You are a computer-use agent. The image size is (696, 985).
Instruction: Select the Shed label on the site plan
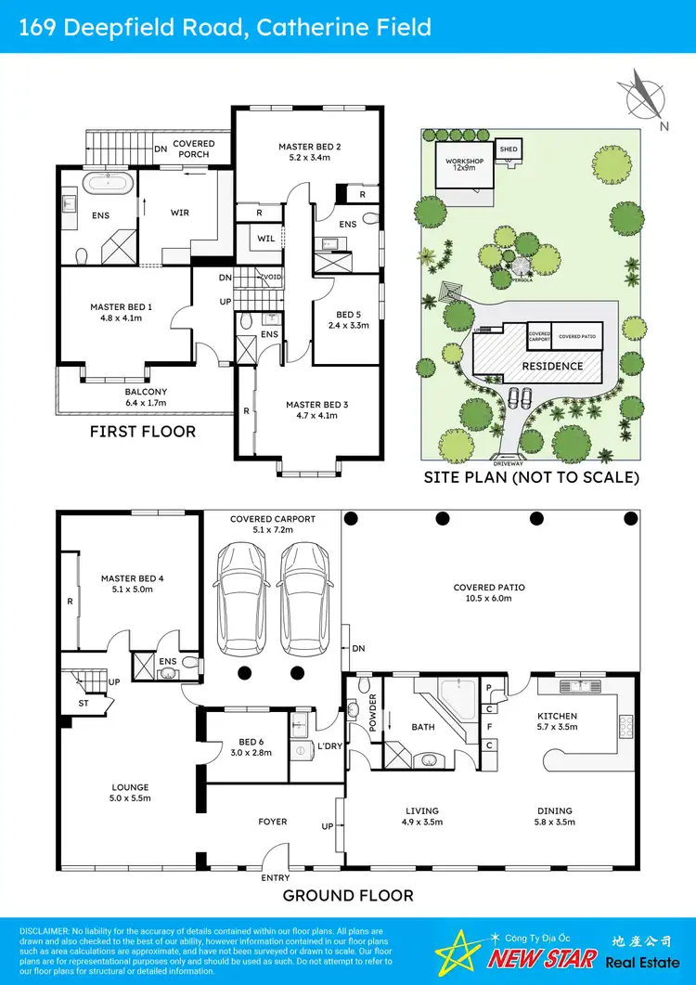[x=509, y=149]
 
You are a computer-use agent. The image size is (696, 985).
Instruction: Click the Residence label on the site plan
[x=552, y=366]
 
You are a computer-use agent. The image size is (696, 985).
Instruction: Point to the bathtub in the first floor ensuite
[x=110, y=182]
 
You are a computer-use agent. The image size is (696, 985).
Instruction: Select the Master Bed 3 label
[x=317, y=410]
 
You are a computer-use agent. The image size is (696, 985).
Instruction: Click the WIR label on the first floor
[x=180, y=213]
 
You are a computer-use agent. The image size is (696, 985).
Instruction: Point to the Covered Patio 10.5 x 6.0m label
[x=489, y=592]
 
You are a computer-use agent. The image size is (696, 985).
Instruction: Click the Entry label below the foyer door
[x=276, y=877]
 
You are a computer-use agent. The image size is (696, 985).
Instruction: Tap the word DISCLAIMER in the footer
[x=43, y=930]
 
